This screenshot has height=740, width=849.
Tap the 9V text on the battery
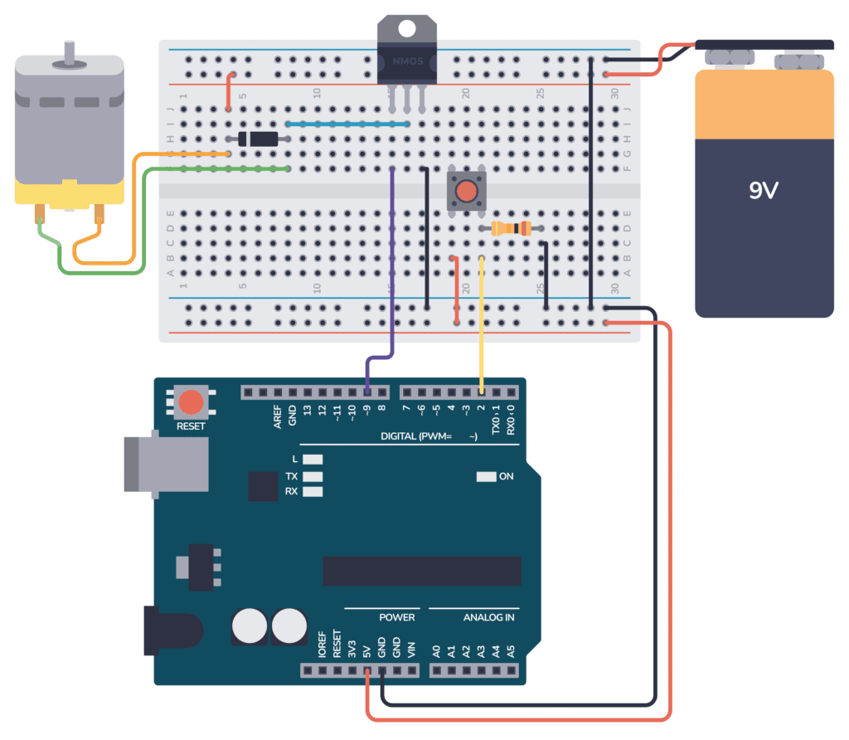click(x=764, y=190)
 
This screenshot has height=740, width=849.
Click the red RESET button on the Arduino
click(x=192, y=403)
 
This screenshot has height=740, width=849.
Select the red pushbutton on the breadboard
click(x=466, y=191)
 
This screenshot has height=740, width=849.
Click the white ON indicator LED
click(x=485, y=476)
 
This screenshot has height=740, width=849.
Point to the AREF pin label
click(x=278, y=416)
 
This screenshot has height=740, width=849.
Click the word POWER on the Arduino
click(x=397, y=617)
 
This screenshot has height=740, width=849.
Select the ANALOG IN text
click(x=488, y=617)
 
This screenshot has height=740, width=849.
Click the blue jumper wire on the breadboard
click(x=348, y=124)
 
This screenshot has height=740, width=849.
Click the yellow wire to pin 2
click(x=482, y=324)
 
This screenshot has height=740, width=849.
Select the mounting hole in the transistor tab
click(x=407, y=29)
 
